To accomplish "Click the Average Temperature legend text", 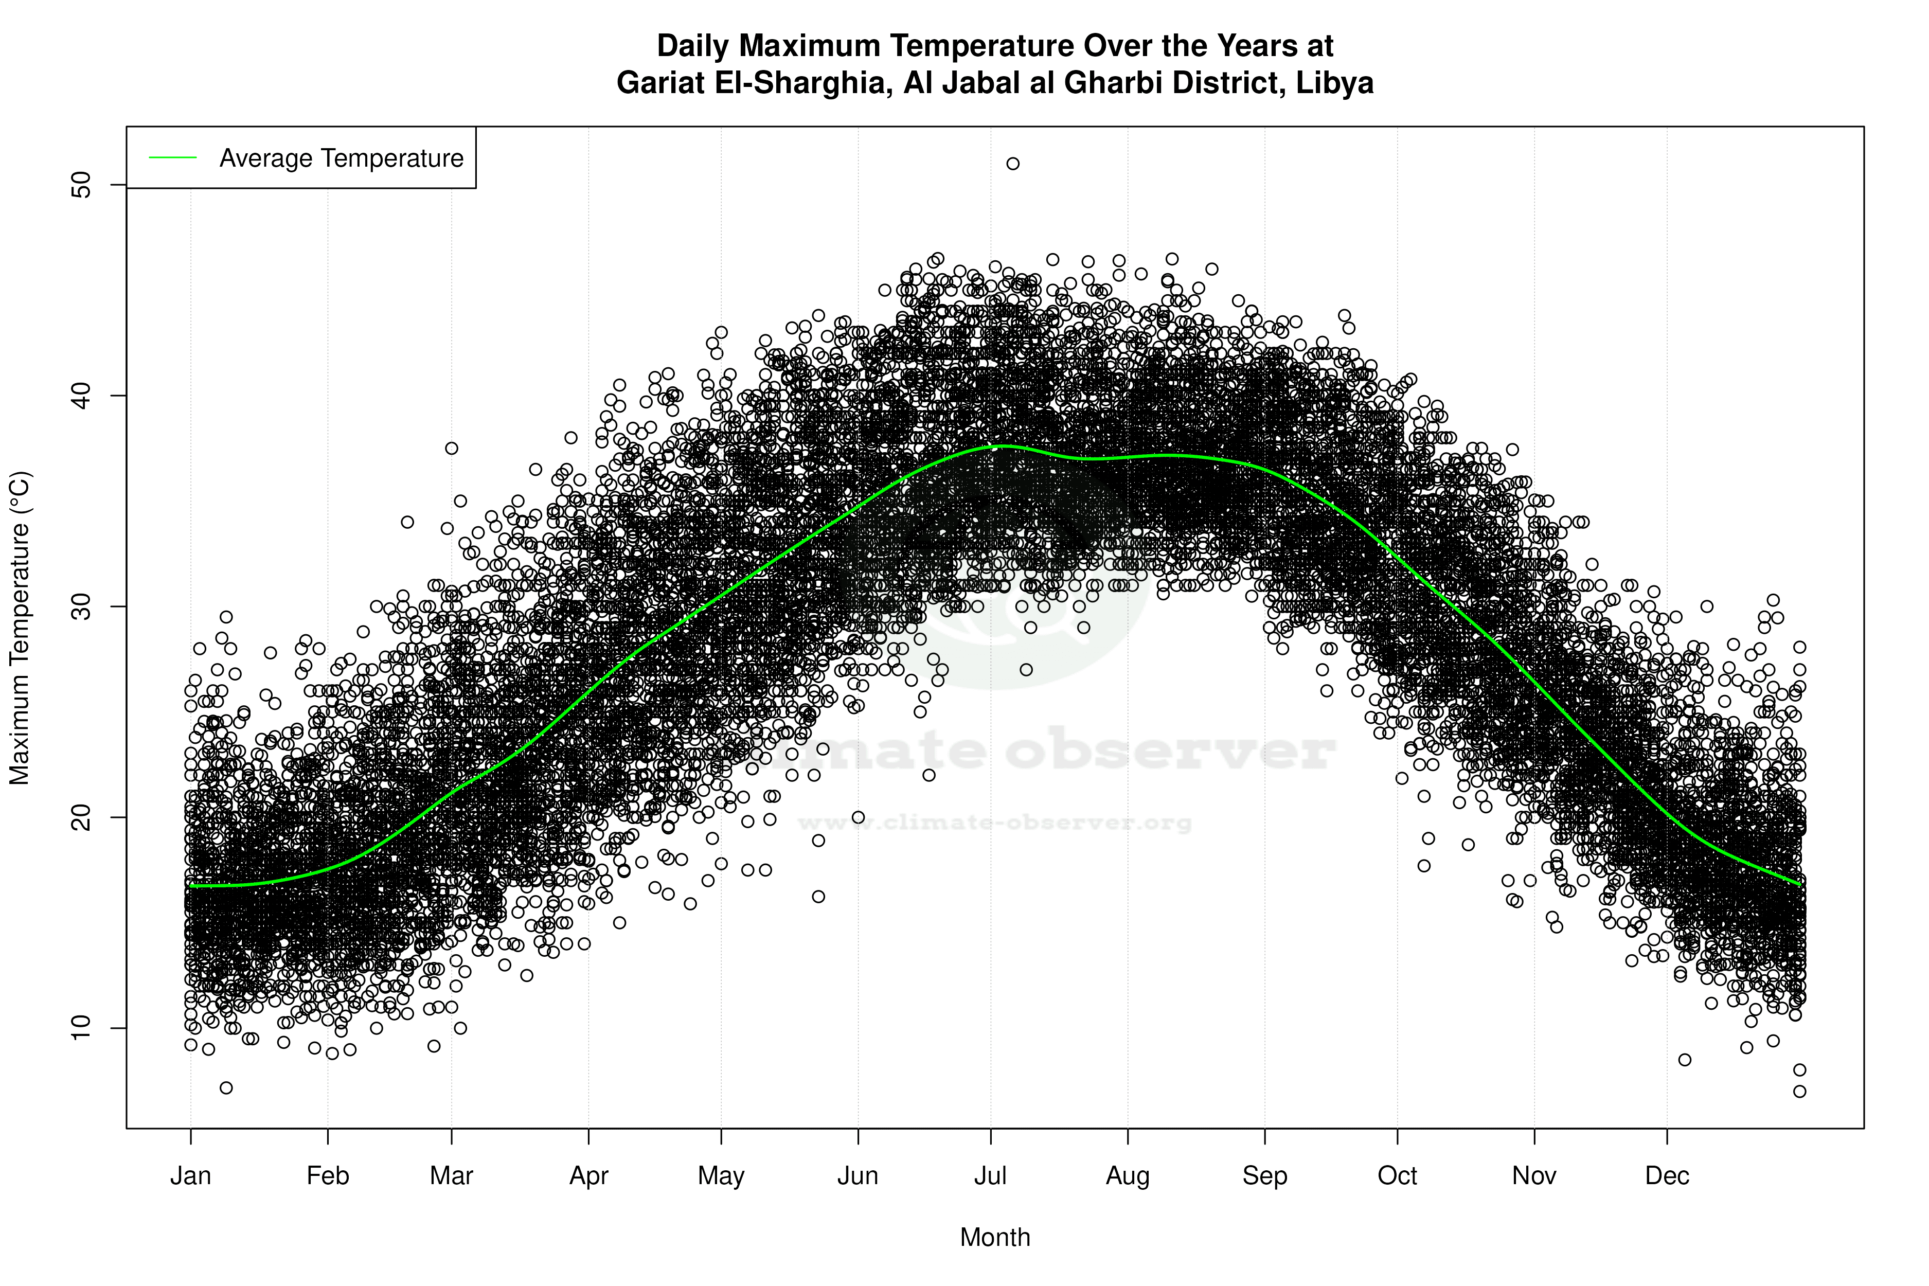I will pos(341,158).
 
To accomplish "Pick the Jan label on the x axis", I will pos(190,1176).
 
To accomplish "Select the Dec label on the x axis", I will pos(1667,1176).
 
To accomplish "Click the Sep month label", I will pos(1265,1176).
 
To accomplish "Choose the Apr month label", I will pos(589,1176).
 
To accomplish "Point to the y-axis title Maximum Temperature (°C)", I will pos(20,628).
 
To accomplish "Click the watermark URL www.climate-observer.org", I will pos(995,823).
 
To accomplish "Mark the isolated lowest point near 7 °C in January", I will pos(226,1087).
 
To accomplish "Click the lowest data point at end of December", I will pos(1799,1091).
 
